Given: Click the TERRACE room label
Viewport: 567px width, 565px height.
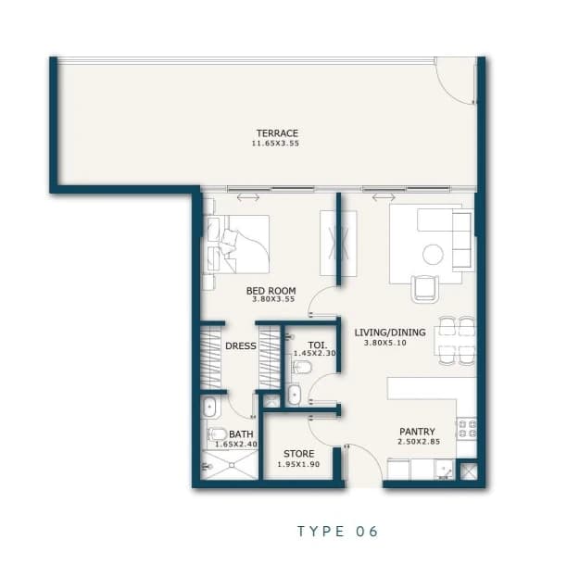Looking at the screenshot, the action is point(277,133).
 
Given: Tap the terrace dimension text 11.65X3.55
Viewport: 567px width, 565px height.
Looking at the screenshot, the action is point(275,144).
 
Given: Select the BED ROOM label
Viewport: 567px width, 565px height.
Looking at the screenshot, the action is point(271,291).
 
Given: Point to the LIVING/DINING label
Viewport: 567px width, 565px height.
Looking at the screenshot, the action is point(390,333).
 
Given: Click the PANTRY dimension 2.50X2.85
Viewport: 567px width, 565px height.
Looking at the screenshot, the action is point(419,442).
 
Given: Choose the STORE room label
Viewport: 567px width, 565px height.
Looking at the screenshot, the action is point(298,454).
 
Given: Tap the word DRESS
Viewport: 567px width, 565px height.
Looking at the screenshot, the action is point(241,345).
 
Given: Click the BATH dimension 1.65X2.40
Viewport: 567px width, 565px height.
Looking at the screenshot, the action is point(236,445).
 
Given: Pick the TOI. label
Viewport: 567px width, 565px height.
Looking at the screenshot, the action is point(318,345).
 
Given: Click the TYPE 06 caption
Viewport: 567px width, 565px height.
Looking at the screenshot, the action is point(338,532).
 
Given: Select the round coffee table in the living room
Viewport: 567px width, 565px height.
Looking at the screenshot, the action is point(433,255).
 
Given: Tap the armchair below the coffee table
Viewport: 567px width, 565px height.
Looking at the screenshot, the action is point(425,289).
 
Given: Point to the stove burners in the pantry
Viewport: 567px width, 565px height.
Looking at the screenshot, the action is point(467,428).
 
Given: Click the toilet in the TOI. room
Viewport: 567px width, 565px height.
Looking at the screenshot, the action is point(302,368).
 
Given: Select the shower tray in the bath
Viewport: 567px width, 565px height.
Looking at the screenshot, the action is point(229,465).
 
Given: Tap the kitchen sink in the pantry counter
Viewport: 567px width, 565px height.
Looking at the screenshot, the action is point(444,470).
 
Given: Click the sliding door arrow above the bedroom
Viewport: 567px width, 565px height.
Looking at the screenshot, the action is point(248,197).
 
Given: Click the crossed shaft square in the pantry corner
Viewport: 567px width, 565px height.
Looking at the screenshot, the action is point(468,471).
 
